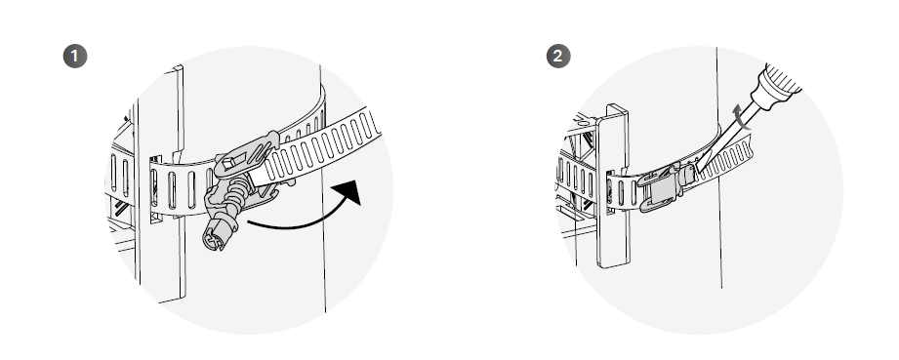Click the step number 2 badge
click(x=556, y=56)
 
